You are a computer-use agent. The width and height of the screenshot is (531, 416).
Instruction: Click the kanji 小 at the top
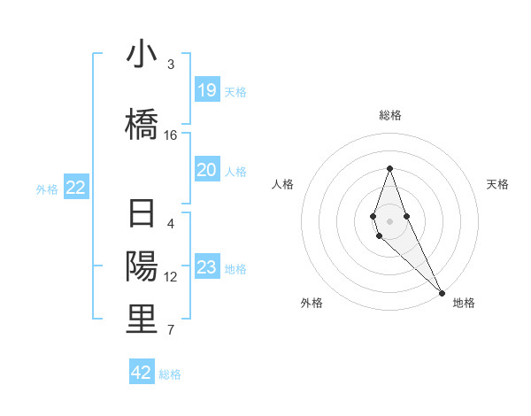click(142, 54)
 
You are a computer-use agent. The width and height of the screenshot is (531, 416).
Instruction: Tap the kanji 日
click(142, 216)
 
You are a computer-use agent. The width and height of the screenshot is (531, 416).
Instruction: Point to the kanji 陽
click(142, 266)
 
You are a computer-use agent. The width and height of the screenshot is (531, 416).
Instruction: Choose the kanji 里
click(142, 320)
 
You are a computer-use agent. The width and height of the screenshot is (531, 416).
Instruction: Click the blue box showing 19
click(207, 90)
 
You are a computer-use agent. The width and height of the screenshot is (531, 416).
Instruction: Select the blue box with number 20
click(207, 170)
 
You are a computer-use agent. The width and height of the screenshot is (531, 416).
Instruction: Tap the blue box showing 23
click(207, 267)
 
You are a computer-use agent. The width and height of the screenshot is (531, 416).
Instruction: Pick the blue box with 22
click(76, 188)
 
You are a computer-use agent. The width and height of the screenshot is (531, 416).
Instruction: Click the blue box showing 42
click(142, 373)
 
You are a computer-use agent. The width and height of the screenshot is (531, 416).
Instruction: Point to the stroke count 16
click(171, 135)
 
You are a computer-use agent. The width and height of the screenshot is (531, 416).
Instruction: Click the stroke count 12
click(171, 277)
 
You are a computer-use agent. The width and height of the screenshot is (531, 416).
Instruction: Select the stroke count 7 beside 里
click(171, 331)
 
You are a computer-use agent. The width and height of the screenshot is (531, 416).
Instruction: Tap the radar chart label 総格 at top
click(389, 115)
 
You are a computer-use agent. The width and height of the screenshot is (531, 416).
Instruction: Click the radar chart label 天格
click(497, 184)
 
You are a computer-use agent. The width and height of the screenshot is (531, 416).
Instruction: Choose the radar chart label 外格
click(312, 303)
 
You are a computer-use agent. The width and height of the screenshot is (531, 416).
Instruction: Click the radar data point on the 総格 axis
click(389, 168)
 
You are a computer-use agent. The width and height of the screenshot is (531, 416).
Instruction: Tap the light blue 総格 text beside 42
click(170, 374)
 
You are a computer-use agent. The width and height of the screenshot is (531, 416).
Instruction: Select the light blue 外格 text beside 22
click(47, 189)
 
